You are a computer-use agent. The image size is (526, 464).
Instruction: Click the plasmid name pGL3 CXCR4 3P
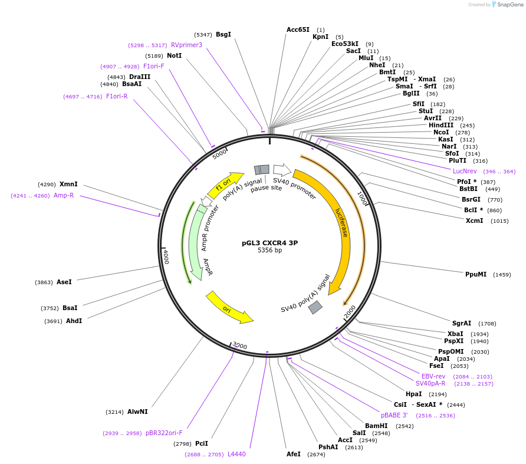(x=269, y=242)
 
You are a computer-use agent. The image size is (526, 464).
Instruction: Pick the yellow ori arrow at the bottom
(x=228, y=308)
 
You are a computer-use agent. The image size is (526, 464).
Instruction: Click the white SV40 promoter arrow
(x=282, y=170)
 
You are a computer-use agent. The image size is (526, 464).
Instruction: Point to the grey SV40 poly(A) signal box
(x=315, y=307)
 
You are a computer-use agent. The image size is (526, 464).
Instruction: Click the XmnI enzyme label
(x=68, y=185)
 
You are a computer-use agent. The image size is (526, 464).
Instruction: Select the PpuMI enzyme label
(x=476, y=274)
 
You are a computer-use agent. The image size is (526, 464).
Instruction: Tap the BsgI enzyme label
(x=223, y=35)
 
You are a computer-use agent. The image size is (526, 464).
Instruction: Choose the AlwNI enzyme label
(x=137, y=412)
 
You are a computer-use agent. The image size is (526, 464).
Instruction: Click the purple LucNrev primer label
(x=465, y=171)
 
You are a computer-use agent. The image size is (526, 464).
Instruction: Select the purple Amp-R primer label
(x=64, y=195)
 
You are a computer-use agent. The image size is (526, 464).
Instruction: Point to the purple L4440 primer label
(x=236, y=454)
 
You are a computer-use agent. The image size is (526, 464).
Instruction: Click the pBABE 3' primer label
(x=394, y=415)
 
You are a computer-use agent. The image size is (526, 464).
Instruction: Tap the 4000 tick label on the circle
(x=166, y=256)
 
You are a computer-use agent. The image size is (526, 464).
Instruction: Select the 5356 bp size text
(x=269, y=251)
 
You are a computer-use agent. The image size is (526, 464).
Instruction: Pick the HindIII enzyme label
(x=441, y=125)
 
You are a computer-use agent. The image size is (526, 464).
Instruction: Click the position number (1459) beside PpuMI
(x=502, y=275)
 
